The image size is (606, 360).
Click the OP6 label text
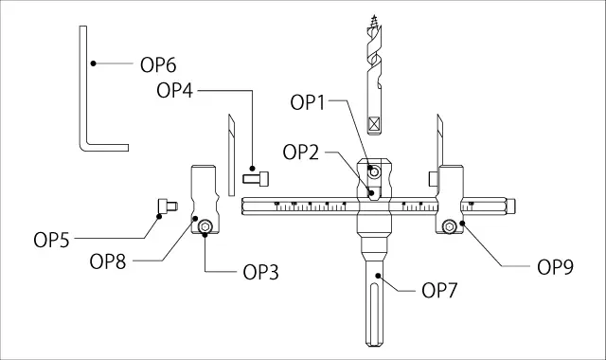158,65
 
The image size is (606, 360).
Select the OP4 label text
174,91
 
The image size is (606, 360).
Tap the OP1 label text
308,103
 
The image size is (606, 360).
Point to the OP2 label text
301,153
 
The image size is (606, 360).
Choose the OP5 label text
51,240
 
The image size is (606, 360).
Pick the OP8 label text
108,261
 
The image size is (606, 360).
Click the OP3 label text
261,273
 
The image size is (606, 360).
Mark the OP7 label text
439,291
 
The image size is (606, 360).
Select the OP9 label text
556,267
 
